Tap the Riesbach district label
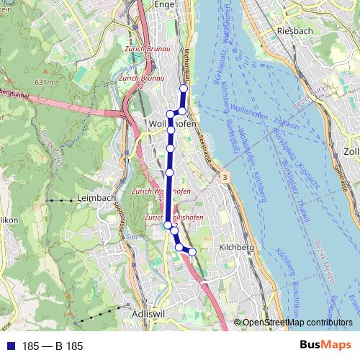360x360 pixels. (x=293, y=32)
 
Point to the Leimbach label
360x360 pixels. (x=96, y=199)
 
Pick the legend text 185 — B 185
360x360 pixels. (x=53, y=346)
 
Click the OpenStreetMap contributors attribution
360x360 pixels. (x=297, y=323)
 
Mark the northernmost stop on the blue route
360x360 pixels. (x=183, y=88)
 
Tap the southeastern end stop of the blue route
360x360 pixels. (x=192, y=251)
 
